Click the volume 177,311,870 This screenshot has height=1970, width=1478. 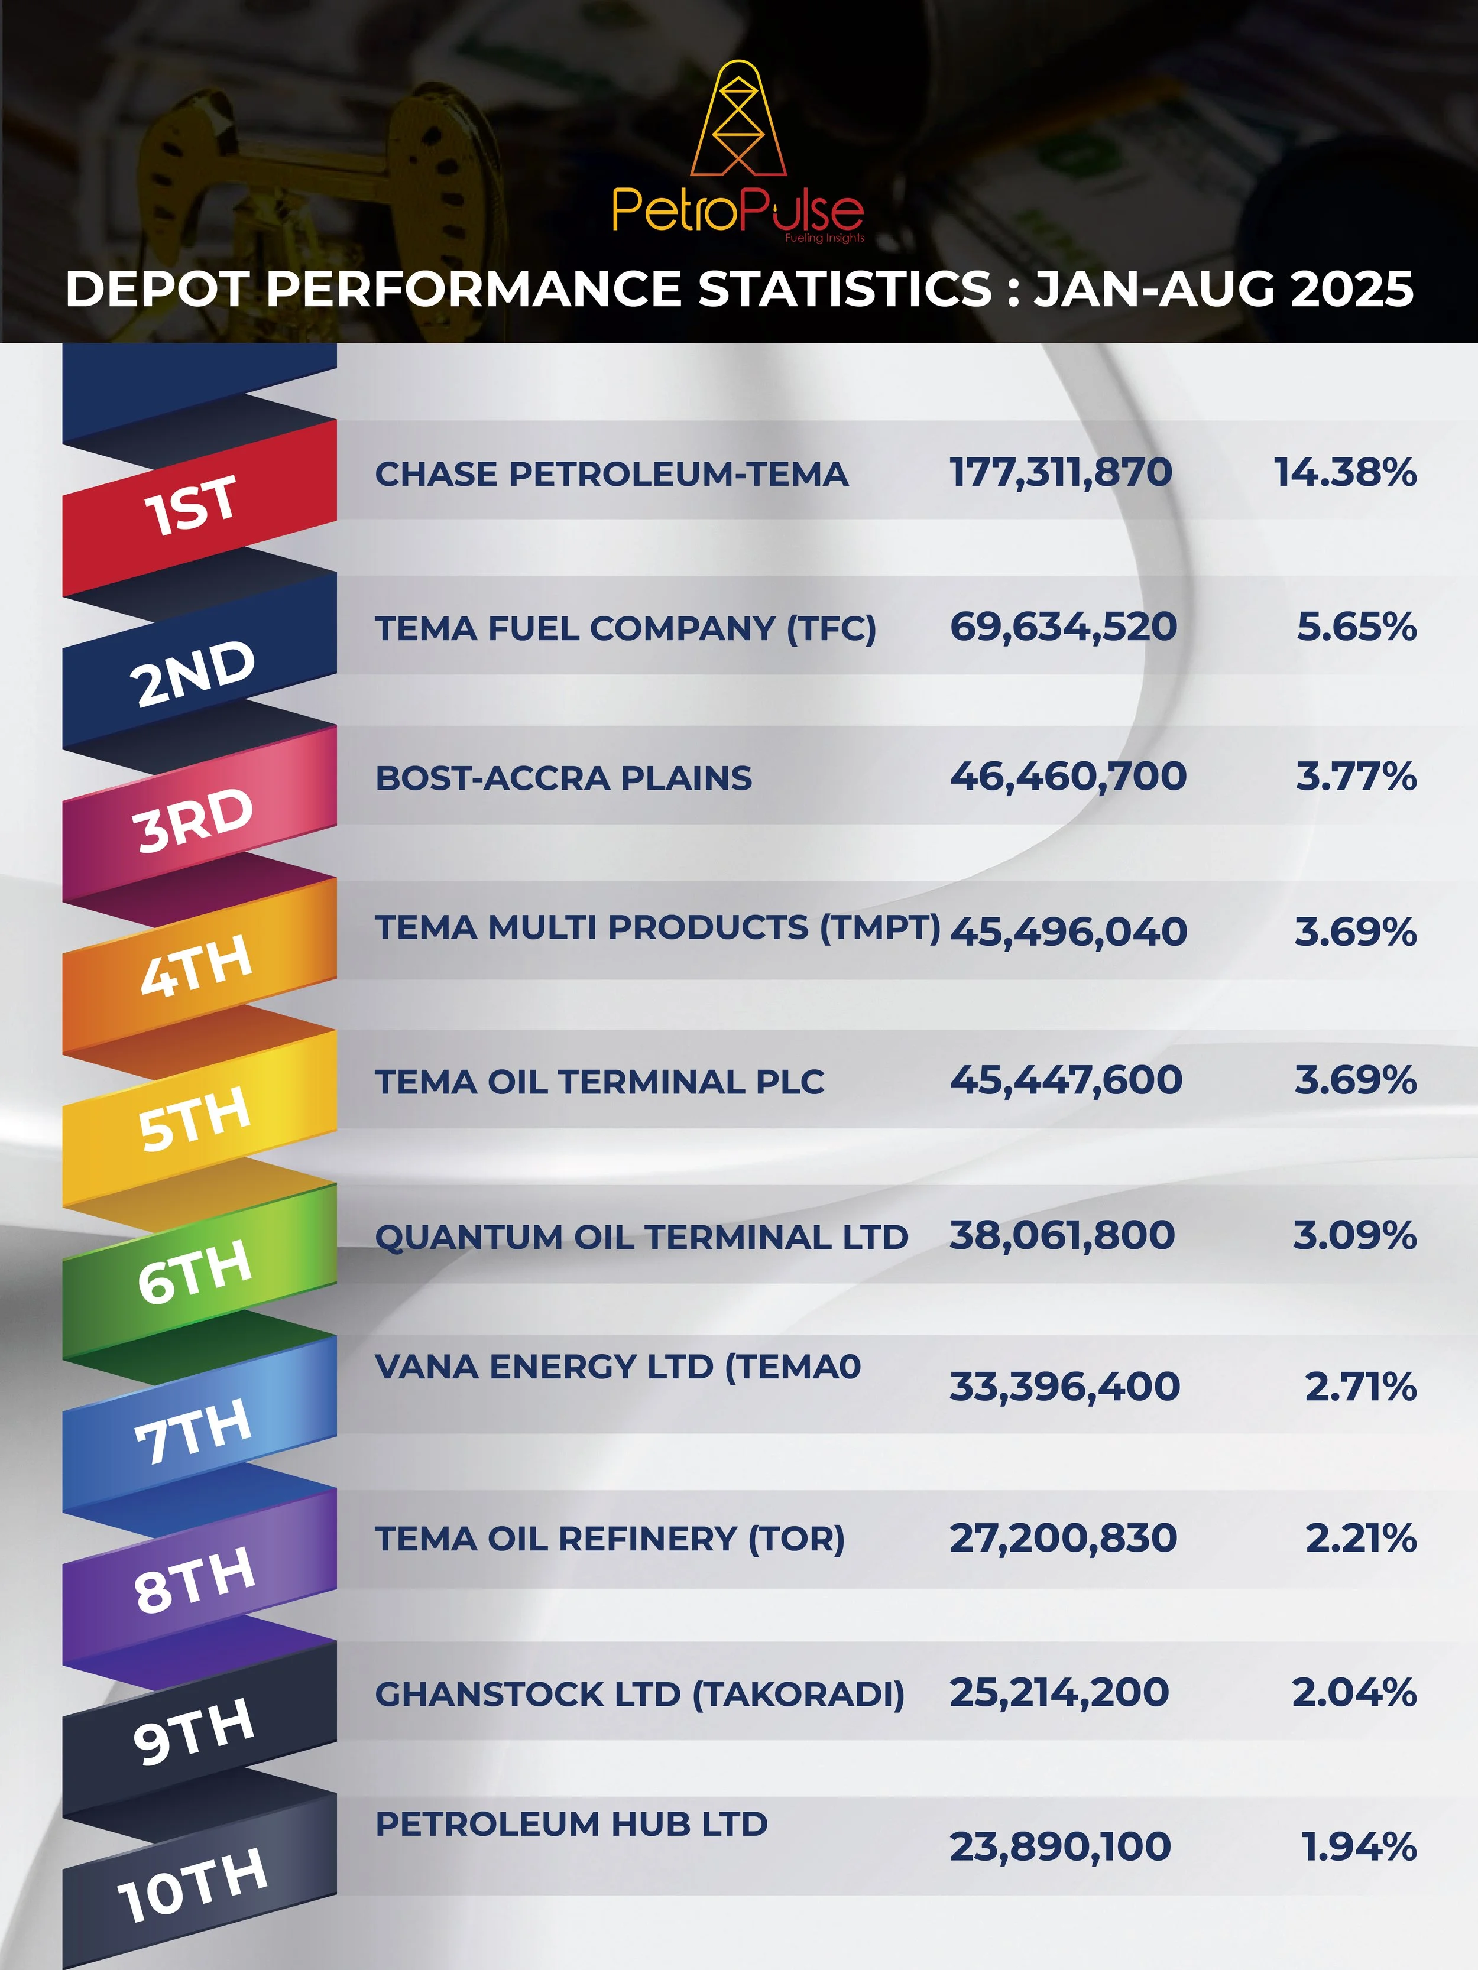[x=1060, y=472]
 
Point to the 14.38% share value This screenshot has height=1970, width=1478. [x=1344, y=472]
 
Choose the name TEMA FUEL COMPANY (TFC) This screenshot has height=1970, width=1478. [x=625, y=628]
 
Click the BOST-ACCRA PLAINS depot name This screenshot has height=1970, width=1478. [x=563, y=777]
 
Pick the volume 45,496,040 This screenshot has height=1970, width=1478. [x=1068, y=932]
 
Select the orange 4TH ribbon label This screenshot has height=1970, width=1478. [x=196, y=967]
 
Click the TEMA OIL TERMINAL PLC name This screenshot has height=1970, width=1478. [x=599, y=1081]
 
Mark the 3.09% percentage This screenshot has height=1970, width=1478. [x=1354, y=1235]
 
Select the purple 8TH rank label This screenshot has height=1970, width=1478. [x=195, y=1580]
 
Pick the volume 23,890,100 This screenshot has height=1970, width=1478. [x=1059, y=1846]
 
